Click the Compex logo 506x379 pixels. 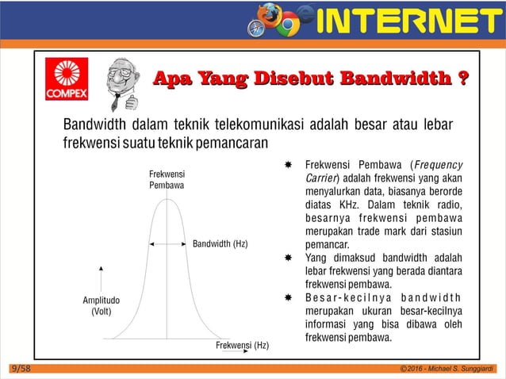click(x=67, y=80)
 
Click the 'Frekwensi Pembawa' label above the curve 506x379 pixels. click(x=167, y=178)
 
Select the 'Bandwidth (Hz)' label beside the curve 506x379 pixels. click(x=220, y=243)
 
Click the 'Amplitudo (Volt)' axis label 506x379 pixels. click(x=102, y=306)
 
